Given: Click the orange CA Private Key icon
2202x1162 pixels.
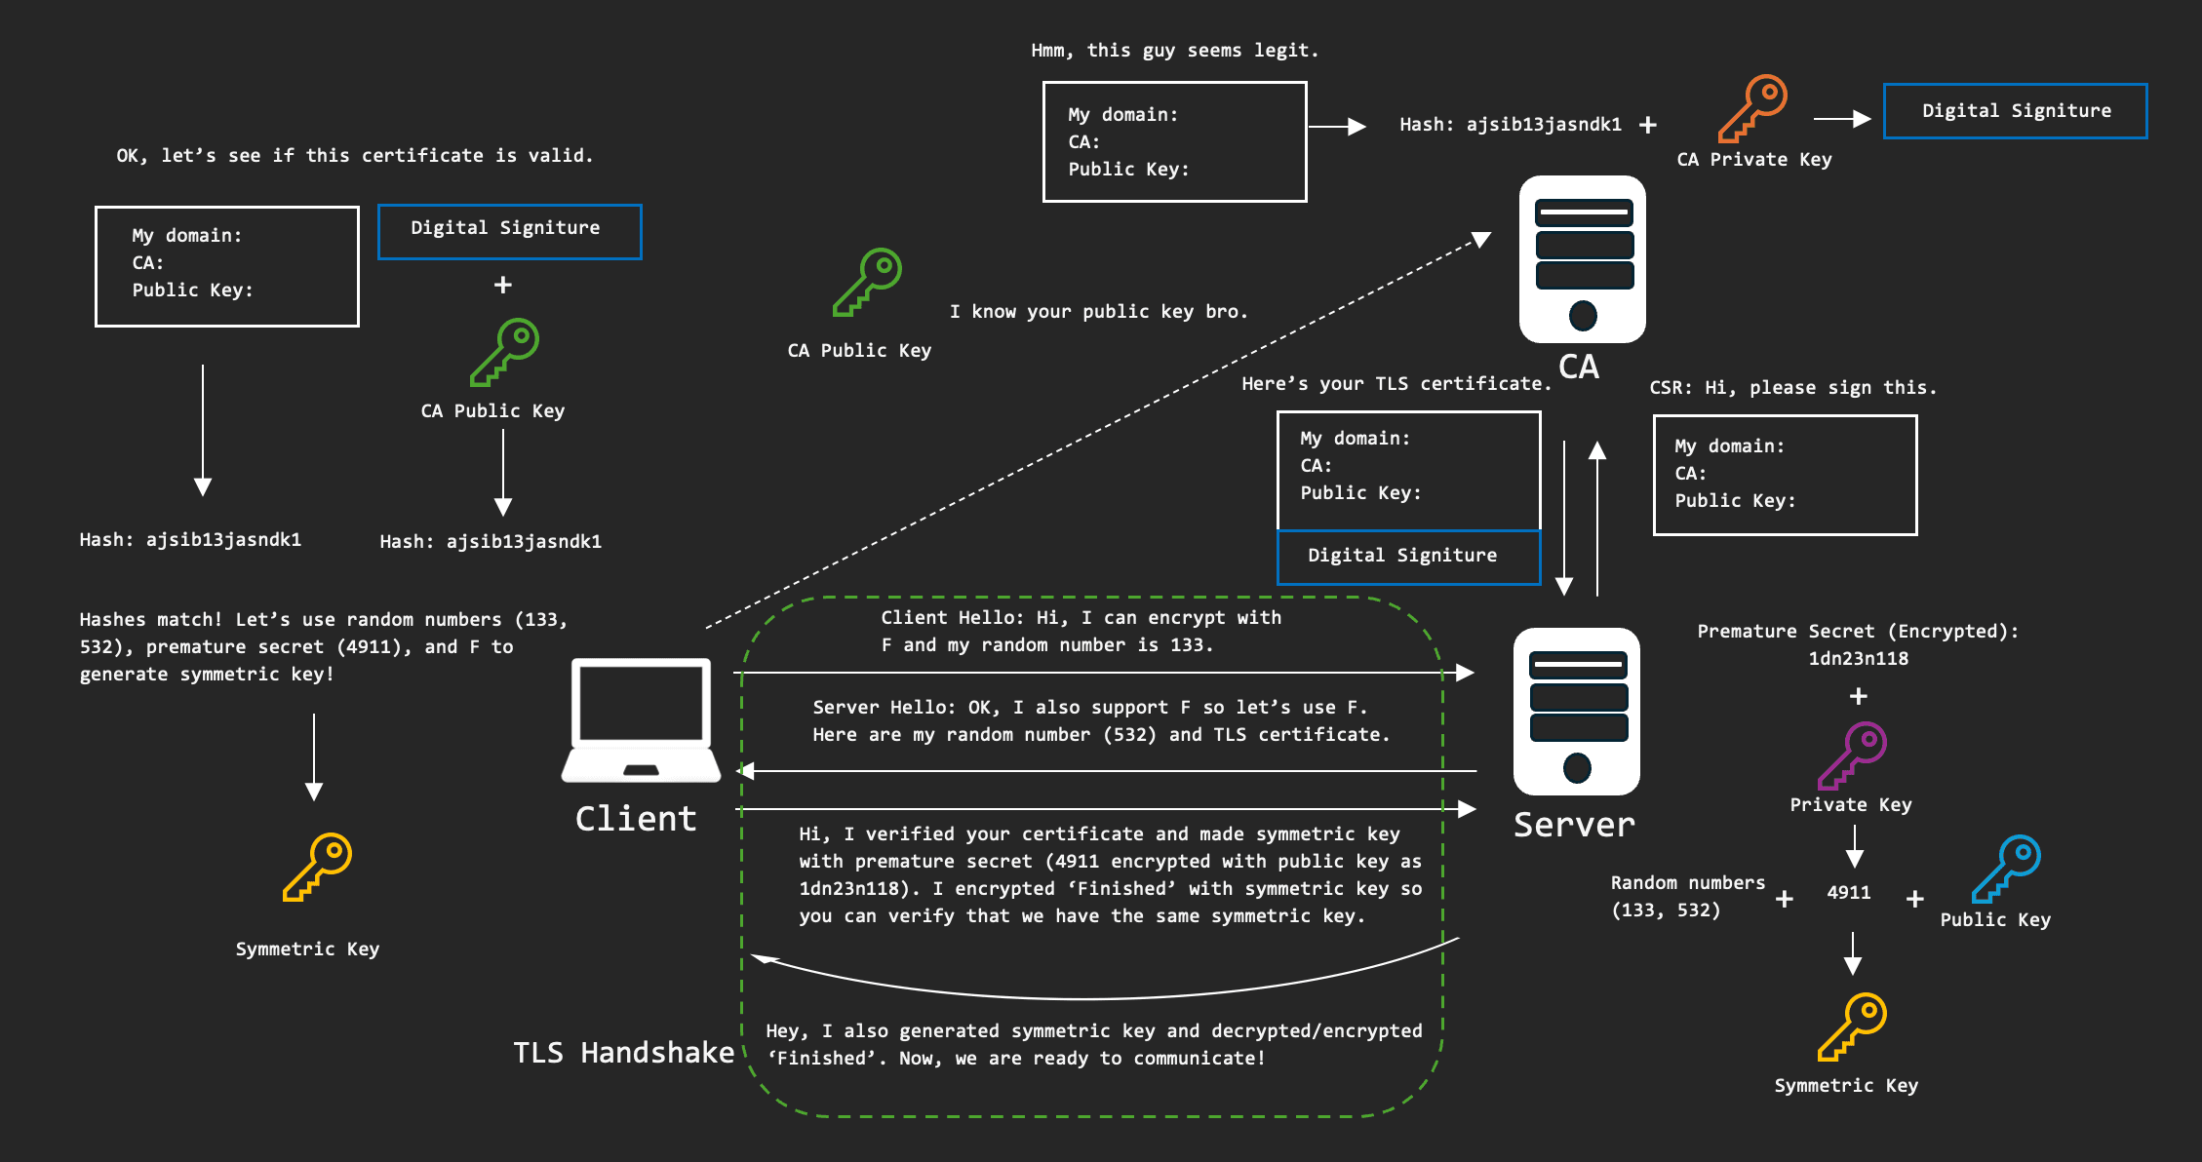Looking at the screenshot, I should coord(1752,108).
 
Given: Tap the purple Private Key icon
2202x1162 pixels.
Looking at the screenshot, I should coord(1852,755).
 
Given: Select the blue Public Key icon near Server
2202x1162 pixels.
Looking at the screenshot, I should coord(2005,869).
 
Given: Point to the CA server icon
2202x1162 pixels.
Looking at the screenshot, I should coord(1582,258).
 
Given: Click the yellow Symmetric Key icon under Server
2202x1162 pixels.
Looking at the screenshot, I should coord(1852,1026).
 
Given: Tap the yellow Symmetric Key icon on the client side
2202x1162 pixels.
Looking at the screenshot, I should coord(317,867).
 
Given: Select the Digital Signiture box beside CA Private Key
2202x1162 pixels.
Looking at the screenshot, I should coord(2015,111).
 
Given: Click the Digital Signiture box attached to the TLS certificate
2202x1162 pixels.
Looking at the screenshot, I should coord(1408,557).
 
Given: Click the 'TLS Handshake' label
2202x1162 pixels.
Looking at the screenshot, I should coord(624,1053).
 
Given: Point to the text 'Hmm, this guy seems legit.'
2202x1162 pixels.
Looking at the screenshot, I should coord(1174,51).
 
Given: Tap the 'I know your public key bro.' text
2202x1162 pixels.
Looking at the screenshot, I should coord(1099,312).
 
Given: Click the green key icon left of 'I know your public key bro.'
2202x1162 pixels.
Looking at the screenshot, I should coord(867,282).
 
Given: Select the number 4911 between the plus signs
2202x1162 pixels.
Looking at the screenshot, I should coord(1848,893).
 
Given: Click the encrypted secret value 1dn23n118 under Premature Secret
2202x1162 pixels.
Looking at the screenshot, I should coord(1858,659).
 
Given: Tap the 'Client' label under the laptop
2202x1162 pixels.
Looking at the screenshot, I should coord(636,819).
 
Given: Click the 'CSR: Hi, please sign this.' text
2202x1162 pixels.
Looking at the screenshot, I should coord(1792,388).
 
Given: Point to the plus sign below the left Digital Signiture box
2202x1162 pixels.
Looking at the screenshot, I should coord(503,285).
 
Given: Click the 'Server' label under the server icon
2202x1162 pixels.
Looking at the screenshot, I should coord(1574,825).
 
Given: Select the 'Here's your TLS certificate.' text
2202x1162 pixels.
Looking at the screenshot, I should coord(1396,384).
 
